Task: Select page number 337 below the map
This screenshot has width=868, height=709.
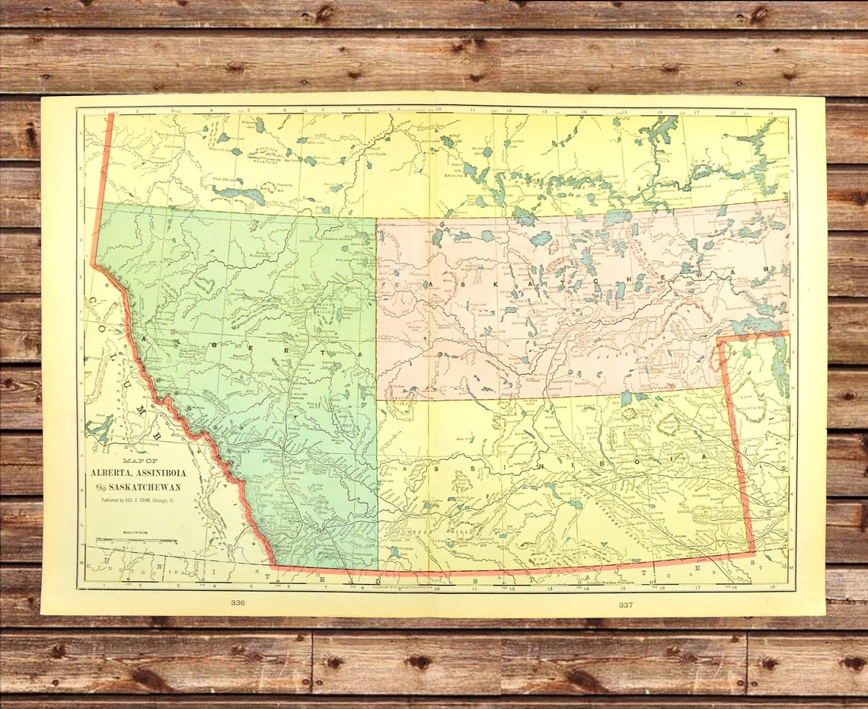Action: pyautogui.click(x=625, y=604)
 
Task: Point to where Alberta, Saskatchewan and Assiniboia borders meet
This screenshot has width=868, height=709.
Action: pyautogui.click(x=377, y=400)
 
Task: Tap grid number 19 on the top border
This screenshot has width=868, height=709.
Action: pyautogui.click(x=771, y=112)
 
